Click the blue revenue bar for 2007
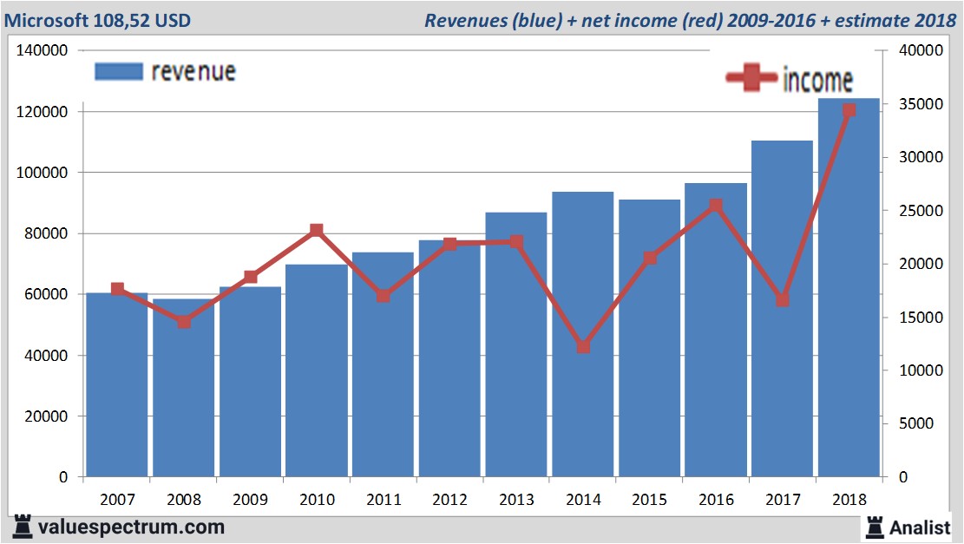(x=117, y=385)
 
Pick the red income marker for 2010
(x=317, y=231)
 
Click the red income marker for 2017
(x=783, y=300)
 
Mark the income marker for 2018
(x=849, y=110)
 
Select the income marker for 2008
(x=184, y=322)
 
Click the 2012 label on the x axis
(x=449, y=500)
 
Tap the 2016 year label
(x=716, y=500)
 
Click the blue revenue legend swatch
(x=117, y=71)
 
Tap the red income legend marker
(x=751, y=78)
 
